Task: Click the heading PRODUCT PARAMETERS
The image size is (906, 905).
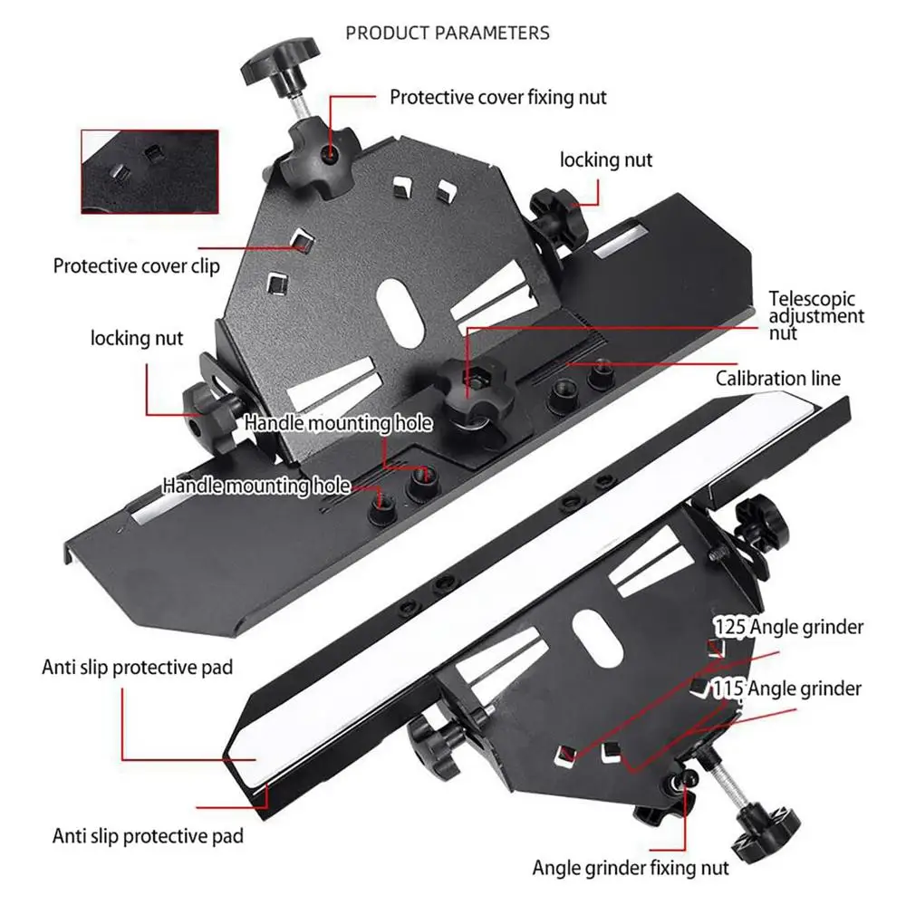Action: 448,33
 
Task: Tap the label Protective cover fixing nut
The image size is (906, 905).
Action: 498,96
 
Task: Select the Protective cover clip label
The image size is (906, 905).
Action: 136,266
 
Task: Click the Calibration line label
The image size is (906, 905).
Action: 777,379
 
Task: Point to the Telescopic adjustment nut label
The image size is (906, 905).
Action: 816,314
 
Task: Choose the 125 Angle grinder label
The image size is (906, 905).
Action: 788,626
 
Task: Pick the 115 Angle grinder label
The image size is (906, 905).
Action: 786,689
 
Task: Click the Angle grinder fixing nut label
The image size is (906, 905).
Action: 630,868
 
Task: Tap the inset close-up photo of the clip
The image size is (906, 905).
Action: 149,170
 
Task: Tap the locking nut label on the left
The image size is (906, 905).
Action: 137,338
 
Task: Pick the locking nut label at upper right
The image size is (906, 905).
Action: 606,160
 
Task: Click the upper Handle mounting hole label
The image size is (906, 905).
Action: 337,423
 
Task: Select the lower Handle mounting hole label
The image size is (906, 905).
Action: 256,486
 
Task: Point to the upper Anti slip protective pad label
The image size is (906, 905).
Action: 138,668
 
